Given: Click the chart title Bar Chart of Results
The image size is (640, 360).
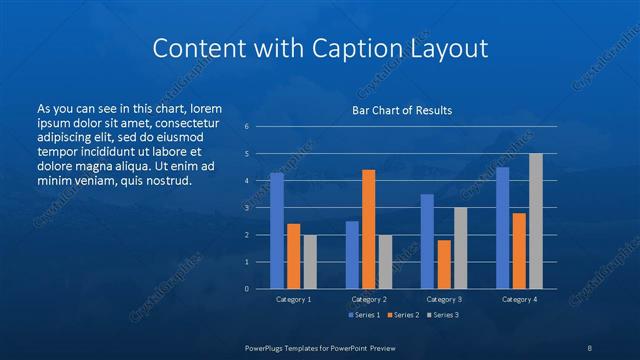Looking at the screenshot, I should (x=401, y=110).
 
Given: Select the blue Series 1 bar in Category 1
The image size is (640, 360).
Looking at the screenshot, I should (x=277, y=231).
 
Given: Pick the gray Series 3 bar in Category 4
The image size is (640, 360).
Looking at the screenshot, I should (x=536, y=221).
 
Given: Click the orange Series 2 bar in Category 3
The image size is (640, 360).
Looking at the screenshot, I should (x=444, y=264).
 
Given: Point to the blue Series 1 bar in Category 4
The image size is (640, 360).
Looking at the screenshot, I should (x=503, y=228).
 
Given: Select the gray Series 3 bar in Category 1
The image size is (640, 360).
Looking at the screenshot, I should (x=310, y=262).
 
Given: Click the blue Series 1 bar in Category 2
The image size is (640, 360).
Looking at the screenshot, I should (x=352, y=255).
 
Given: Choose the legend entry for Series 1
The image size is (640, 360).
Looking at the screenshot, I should (x=363, y=315).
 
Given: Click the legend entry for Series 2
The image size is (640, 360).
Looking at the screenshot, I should (x=404, y=315).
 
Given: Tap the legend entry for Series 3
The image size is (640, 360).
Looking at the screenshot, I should (x=444, y=315).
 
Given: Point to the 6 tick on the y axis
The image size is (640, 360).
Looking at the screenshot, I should (x=247, y=127).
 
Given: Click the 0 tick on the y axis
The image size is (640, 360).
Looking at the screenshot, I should (x=247, y=289).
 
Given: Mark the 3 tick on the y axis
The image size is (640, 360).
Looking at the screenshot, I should (x=247, y=208).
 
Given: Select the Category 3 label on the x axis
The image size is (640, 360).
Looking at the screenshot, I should (x=444, y=299).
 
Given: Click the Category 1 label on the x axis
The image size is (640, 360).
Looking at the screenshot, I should (x=294, y=299).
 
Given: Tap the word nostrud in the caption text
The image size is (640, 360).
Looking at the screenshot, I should (x=163, y=180).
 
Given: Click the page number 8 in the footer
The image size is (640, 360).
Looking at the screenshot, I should (x=590, y=346).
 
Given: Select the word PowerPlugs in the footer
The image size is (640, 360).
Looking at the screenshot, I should (x=267, y=346).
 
